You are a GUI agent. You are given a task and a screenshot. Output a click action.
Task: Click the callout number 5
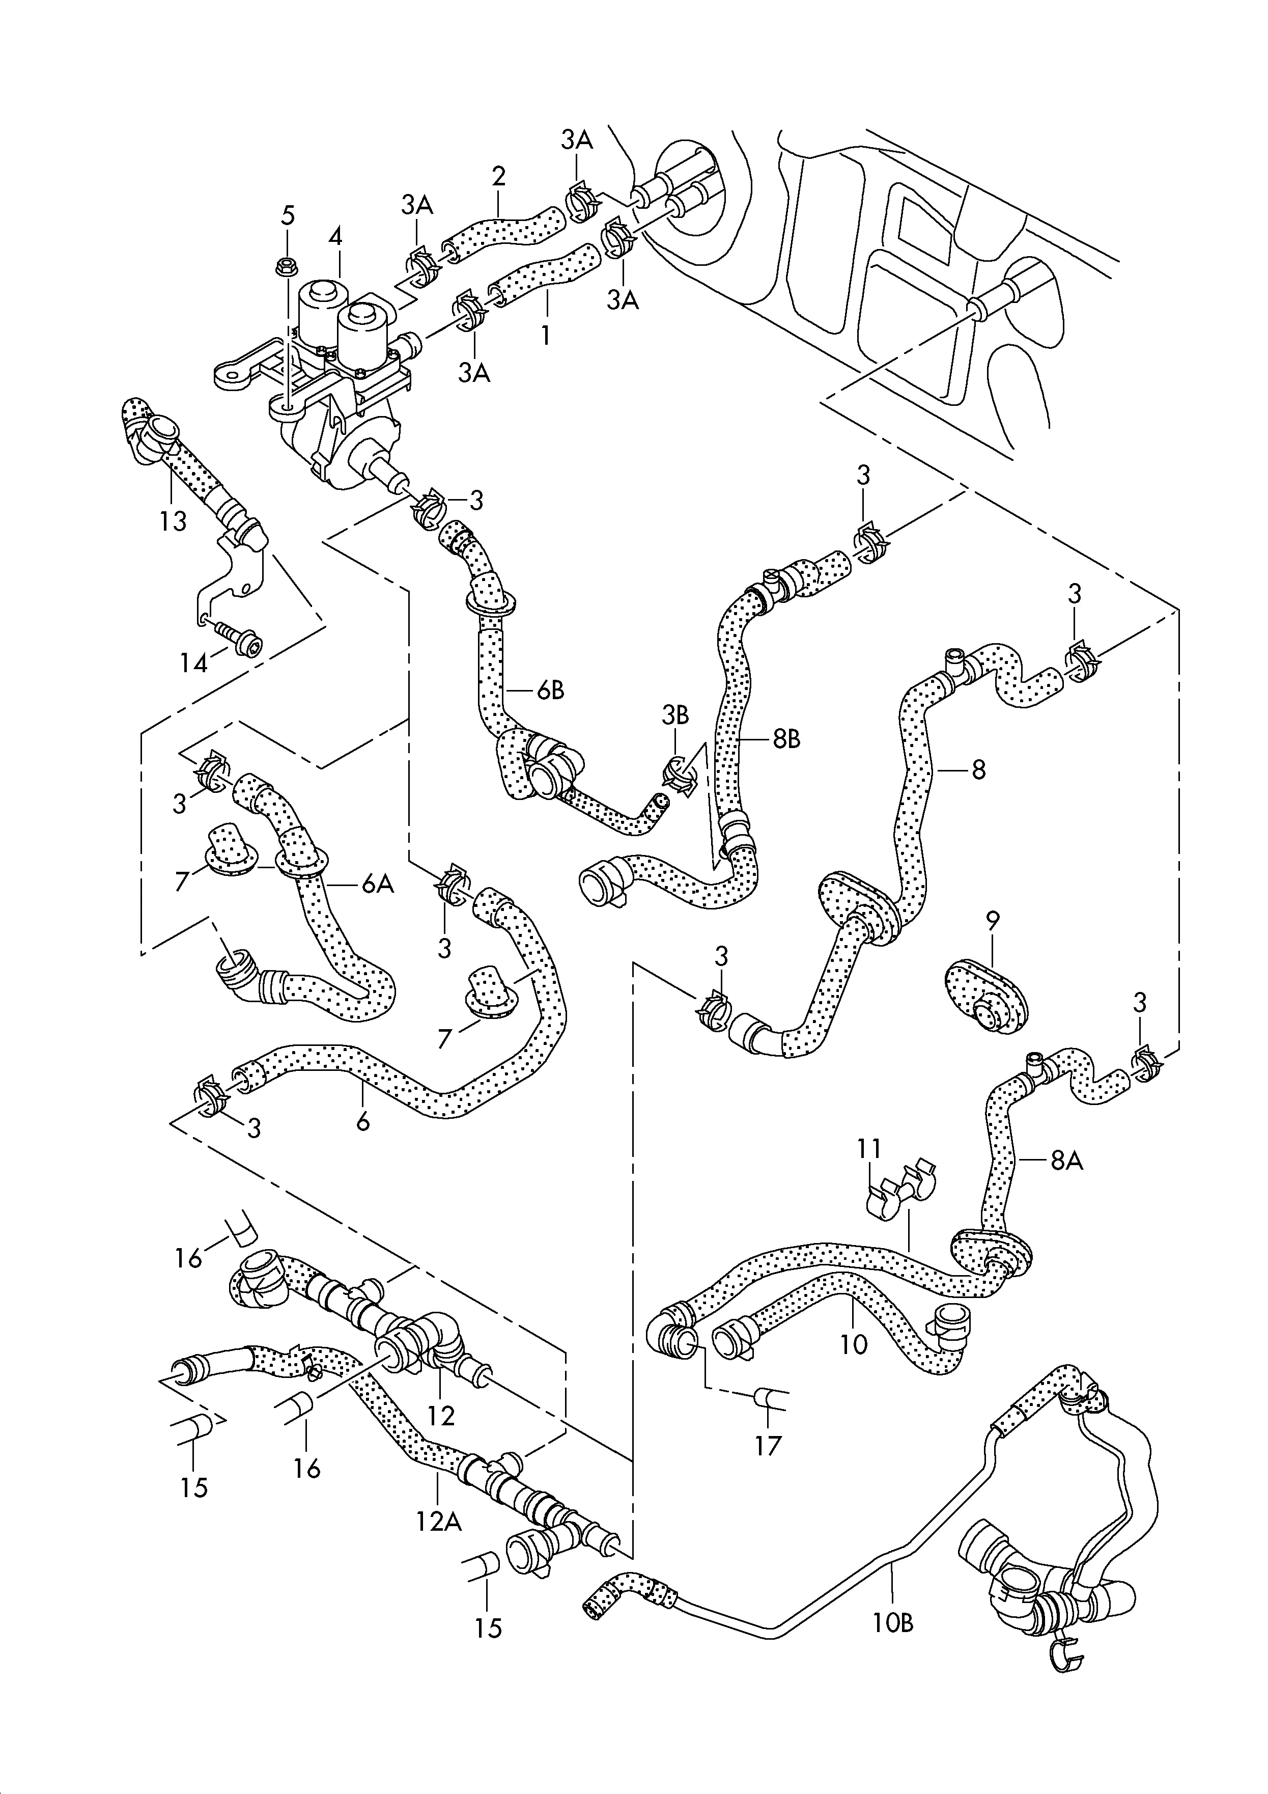coord(288,216)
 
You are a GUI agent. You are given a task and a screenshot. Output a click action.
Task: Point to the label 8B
coord(787,739)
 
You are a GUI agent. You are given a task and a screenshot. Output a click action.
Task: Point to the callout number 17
coord(769,1446)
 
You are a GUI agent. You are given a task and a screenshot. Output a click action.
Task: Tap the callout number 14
coord(194,664)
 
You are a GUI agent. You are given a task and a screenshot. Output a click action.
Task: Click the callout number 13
coord(174,520)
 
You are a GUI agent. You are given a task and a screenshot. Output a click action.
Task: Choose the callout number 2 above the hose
coord(498,175)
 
